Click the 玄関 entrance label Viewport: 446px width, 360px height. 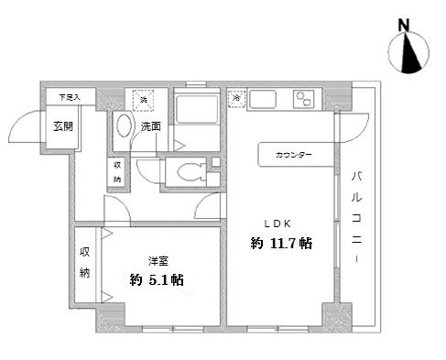point(62,125)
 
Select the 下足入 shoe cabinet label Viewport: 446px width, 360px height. point(70,95)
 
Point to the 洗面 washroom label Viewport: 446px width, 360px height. point(150,125)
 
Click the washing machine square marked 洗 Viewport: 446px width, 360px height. point(144,99)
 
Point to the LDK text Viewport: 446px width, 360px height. point(278,224)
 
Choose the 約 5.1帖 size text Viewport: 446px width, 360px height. point(156,280)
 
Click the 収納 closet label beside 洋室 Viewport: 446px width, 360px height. point(84,262)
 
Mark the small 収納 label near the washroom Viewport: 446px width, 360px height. point(117,171)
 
